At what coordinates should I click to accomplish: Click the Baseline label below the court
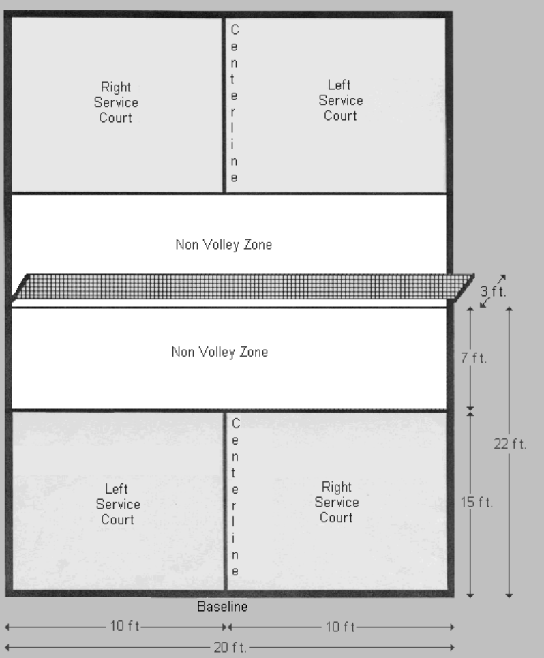coord(222,606)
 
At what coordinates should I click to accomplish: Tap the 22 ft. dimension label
coord(510,444)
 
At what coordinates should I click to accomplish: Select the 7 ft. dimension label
coord(474,358)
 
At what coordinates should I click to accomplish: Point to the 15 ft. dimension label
coord(477,503)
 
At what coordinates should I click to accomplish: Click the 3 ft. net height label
coord(493,291)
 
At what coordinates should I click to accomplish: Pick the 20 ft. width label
coord(230,648)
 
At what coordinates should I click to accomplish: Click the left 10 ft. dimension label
coord(125,626)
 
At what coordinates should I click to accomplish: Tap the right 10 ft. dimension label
coord(341,627)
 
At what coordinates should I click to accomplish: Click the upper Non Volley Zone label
coord(224,245)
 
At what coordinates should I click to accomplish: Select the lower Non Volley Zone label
coord(220,352)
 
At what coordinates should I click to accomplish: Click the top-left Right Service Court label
coord(116,102)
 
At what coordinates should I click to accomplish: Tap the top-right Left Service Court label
coord(340,100)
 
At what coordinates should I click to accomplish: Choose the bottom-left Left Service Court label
coord(117,504)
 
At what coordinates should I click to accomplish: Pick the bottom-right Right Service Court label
coord(336,503)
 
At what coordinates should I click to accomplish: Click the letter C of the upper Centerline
coord(235,30)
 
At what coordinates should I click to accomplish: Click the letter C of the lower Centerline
coord(236,424)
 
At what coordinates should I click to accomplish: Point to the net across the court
coord(243,287)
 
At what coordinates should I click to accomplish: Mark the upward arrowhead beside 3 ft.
coord(502,278)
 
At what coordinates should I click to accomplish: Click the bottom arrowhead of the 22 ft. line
coord(509,595)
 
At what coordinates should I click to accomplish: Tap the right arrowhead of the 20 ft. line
coord(452,647)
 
